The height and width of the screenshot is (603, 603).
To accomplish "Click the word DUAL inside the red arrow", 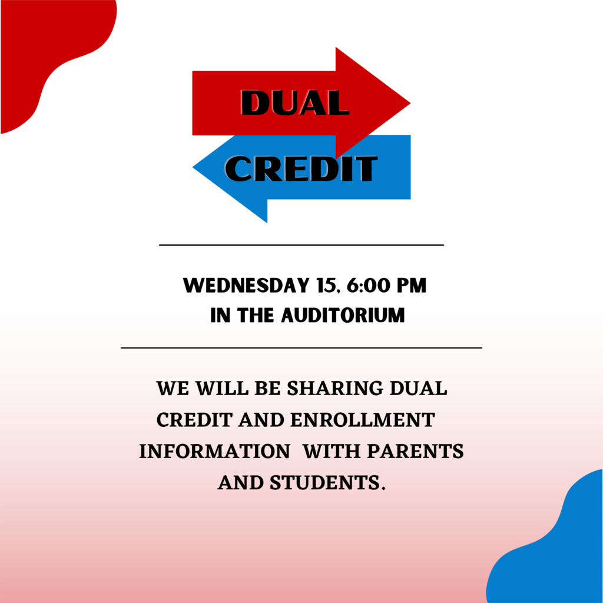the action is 295,102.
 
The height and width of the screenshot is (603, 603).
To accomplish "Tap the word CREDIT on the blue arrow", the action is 301,168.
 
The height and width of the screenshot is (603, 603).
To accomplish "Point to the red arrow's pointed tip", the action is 410,103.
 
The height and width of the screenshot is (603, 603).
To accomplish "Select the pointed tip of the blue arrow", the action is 193,167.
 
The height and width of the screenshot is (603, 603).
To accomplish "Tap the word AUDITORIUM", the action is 343,316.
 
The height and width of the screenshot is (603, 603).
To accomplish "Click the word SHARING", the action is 335,389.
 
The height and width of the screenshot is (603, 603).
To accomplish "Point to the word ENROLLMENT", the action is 363,420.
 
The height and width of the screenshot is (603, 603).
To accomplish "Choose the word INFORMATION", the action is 214,452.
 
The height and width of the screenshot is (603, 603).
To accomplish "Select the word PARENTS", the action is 416,452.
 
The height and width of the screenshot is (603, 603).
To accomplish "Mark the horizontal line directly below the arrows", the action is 301,244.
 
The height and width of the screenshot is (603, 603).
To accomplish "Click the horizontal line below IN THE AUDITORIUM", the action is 301,347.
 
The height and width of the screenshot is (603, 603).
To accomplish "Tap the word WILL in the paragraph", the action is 222,389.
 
